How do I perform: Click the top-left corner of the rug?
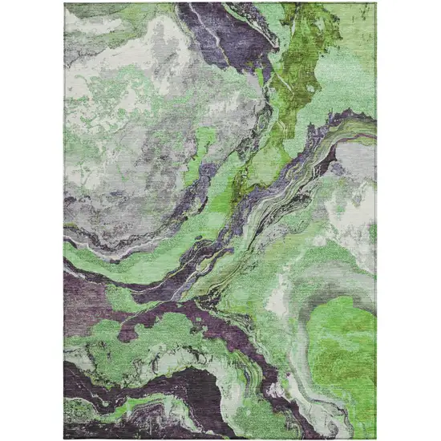(64, 3)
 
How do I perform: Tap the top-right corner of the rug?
(377, 3)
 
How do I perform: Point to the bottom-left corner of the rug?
(64, 438)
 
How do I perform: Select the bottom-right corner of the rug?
(377, 438)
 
